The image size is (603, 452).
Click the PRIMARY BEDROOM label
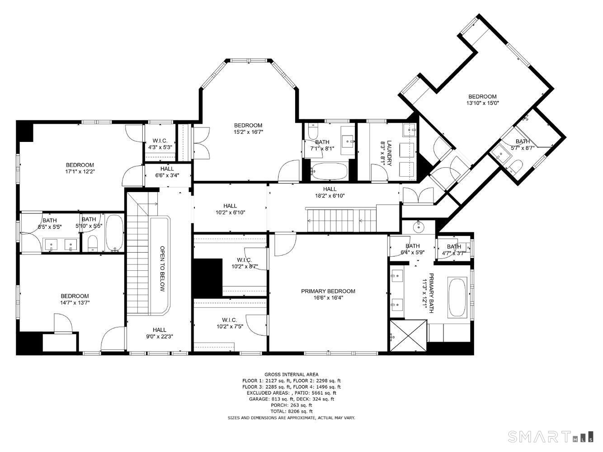[328, 291]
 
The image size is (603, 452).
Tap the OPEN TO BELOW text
[162, 268]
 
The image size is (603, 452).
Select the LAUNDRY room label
[389, 153]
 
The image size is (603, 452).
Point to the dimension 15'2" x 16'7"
[248, 132]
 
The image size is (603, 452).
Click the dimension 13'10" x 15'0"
[482, 103]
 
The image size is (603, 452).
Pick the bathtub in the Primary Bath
[457, 298]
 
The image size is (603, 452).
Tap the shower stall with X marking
[408, 335]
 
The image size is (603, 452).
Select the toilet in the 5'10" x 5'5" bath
[93, 243]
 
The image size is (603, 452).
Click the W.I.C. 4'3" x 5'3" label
[160, 144]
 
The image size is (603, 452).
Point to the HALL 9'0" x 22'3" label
[159, 333]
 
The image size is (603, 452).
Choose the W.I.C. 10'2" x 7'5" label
[230, 323]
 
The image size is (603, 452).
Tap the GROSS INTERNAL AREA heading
[291, 374]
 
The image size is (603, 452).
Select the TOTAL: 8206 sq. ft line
[292, 411]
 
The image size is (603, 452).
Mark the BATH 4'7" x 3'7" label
[454, 250]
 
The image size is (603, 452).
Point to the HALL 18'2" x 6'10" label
[330, 192]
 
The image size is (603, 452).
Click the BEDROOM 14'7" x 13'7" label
[75, 299]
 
